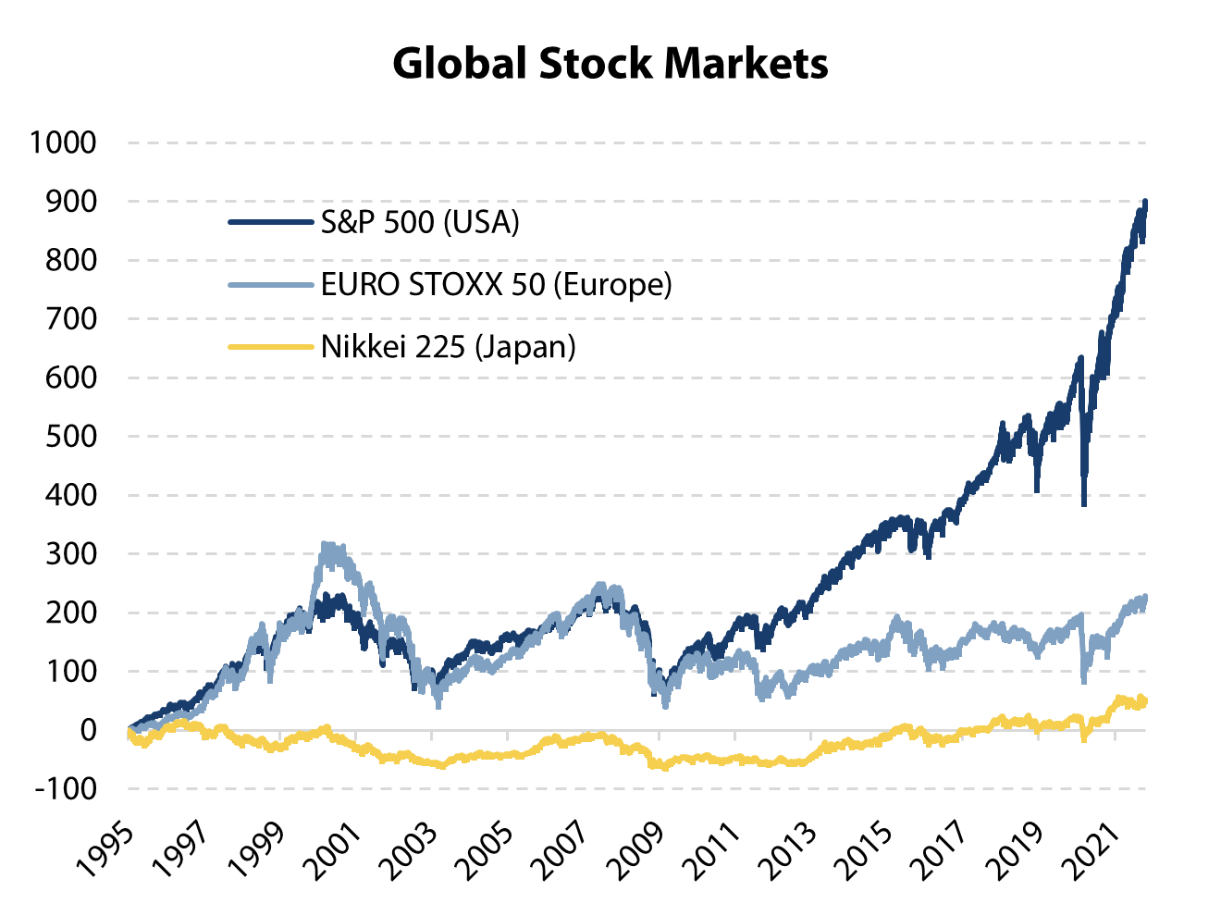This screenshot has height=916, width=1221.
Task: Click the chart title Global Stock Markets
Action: [x=610, y=63]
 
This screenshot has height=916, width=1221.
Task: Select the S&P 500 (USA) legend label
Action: [x=420, y=222]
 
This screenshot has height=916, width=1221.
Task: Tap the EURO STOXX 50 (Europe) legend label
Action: [x=496, y=284]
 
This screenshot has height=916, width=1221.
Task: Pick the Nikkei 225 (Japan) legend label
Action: [x=449, y=347]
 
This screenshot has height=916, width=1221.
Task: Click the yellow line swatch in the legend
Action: [x=270, y=347]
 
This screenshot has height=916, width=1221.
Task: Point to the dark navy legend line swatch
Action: [x=270, y=222]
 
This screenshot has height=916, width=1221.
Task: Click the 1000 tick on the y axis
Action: [x=63, y=142]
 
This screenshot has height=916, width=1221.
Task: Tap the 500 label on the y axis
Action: [x=70, y=436]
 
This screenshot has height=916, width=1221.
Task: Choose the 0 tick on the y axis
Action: [x=88, y=730]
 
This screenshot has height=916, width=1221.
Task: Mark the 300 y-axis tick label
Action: [x=70, y=553]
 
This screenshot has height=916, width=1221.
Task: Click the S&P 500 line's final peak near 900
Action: [x=1145, y=202]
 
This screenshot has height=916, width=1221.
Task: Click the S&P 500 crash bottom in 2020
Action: [x=1084, y=504]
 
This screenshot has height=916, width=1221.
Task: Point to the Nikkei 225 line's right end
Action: [x=1145, y=701]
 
